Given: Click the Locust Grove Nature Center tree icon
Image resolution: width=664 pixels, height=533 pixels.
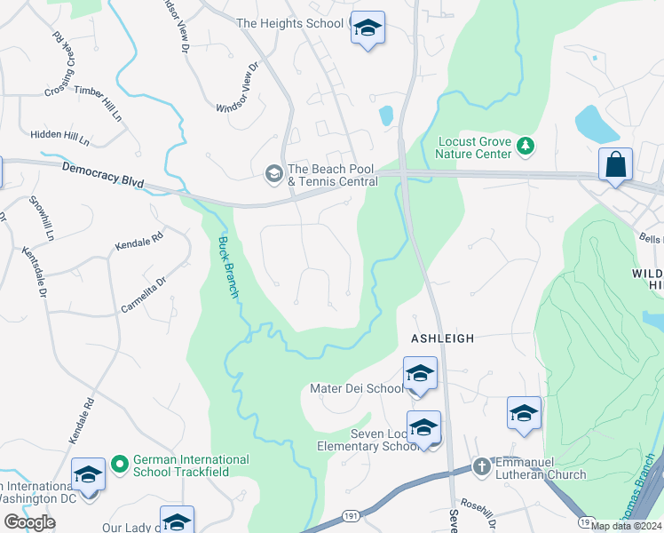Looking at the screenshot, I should pyautogui.click(x=525, y=144).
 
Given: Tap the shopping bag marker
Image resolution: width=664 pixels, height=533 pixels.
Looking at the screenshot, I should pyautogui.click(x=615, y=165).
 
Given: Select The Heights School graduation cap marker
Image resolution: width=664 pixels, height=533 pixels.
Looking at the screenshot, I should pyautogui.click(x=368, y=28).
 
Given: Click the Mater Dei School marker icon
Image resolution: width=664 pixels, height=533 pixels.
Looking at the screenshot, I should pyautogui.click(x=420, y=374).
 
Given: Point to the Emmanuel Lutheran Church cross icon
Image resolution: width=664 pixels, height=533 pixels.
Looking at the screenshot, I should pyautogui.click(x=481, y=465).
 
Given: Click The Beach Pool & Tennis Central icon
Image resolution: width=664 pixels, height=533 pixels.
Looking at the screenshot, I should pyautogui.click(x=273, y=173).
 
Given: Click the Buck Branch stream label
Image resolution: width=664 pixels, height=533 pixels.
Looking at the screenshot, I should pyautogui.click(x=228, y=266).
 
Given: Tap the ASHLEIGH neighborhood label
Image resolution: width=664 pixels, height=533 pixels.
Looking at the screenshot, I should pyautogui.click(x=442, y=338).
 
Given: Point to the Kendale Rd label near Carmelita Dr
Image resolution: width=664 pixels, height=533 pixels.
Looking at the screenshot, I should pyautogui.click(x=139, y=240).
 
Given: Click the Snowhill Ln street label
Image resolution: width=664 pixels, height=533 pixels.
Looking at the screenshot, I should pyautogui.click(x=43, y=219).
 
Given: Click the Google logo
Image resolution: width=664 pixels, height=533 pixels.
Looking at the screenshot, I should pyautogui.click(x=29, y=522).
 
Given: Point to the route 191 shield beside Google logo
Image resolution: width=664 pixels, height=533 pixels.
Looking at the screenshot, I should pyautogui.click(x=350, y=514).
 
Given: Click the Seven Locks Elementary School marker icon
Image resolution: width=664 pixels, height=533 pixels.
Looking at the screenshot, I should pyautogui.click(x=423, y=428).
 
